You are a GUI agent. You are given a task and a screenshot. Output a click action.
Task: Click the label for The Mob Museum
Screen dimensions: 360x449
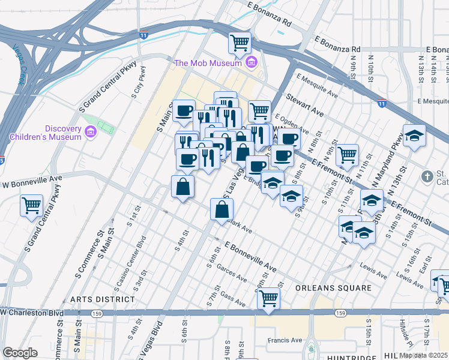click(208, 63)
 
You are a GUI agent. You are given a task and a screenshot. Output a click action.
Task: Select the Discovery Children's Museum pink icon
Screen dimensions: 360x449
click(91, 131)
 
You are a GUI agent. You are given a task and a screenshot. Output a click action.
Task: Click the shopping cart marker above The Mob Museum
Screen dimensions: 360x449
click(240, 43)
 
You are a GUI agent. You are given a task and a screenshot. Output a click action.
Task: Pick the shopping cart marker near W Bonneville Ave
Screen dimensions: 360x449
click(31, 205)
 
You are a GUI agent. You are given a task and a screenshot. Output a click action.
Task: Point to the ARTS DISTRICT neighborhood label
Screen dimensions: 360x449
click(102, 299)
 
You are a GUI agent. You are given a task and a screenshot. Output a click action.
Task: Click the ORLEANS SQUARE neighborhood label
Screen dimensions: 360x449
click(334, 288)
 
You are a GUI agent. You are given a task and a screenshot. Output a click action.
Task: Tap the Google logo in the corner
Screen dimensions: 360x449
click(20, 353)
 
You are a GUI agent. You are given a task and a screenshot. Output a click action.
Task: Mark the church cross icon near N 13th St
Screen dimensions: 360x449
click(427, 176)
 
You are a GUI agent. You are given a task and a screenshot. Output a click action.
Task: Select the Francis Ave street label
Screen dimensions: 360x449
click(285, 340)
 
